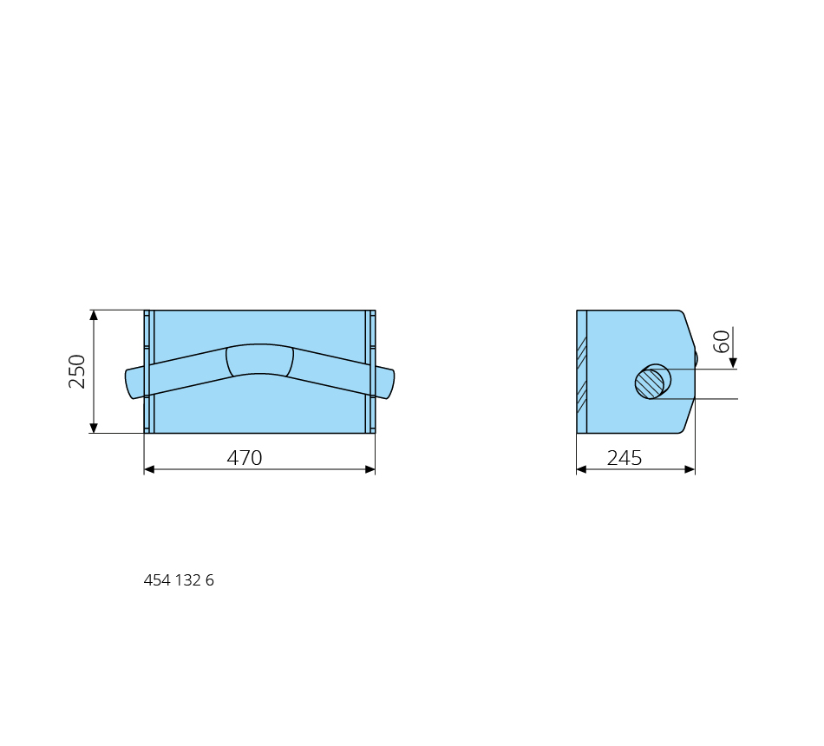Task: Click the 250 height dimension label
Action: pyautogui.click(x=76, y=371)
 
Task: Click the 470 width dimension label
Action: pyautogui.click(x=245, y=458)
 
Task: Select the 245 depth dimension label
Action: pyautogui.click(x=625, y=458)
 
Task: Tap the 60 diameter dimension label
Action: pyautogui.click(x=722, y=341)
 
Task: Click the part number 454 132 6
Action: pyautogui.click(x=179, y=579)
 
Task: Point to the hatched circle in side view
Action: pyautogui.click(x=650, y=383)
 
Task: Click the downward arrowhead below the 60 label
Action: pyautogui.click(x=733, y=363)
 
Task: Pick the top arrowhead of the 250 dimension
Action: pyautogui.click(x=94, y=316)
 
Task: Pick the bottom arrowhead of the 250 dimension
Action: pyautogui.click(x=94, y=428)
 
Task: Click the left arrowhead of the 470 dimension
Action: pyautogui.click(x=150, y=469)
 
